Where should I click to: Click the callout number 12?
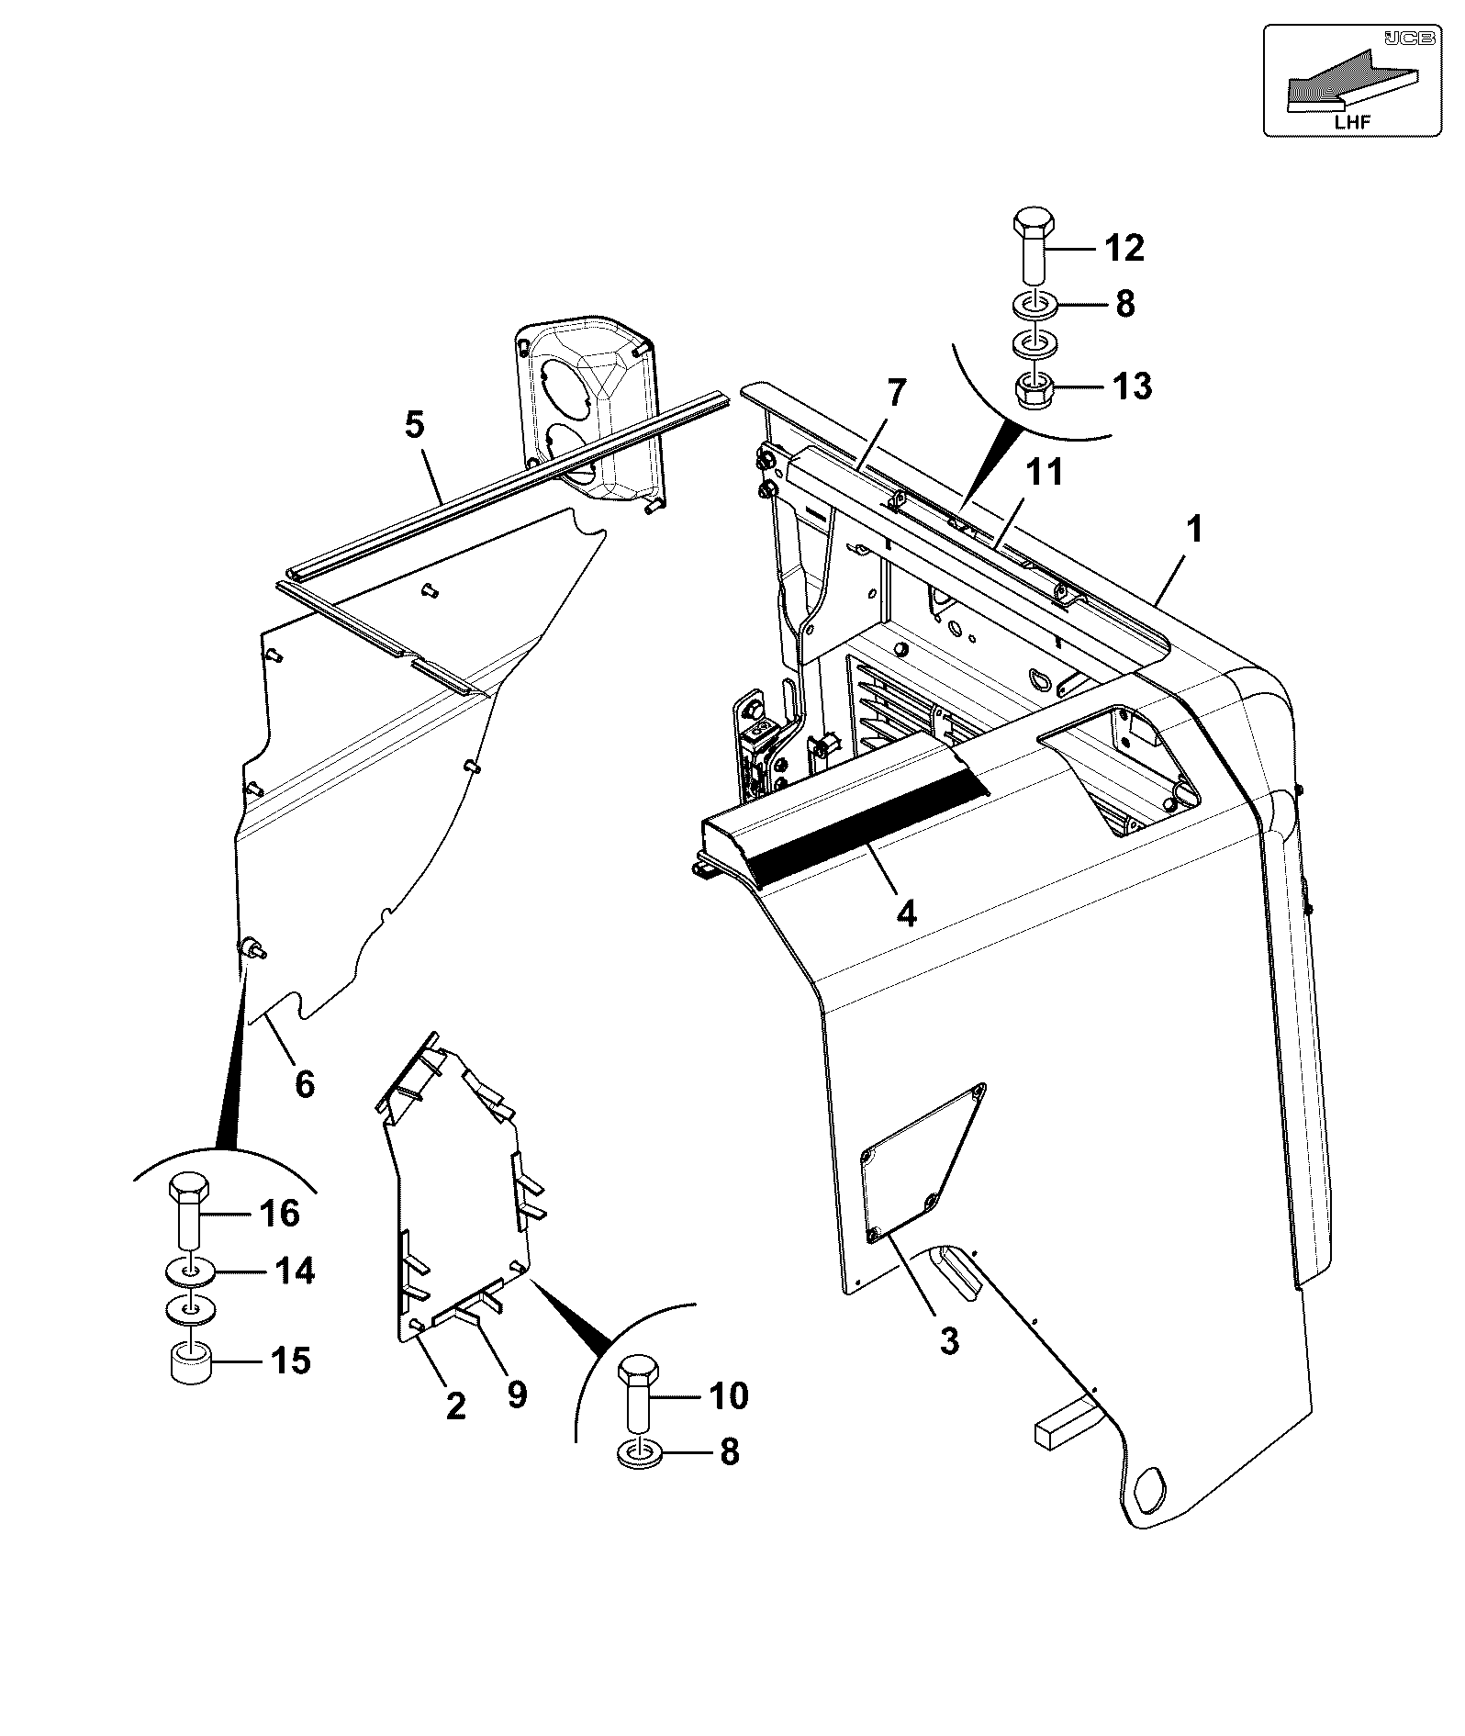click(1124, 248)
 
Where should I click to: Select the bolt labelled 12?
click(1034, 246)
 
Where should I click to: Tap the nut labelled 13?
click(1034, 392)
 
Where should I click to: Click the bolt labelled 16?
click(189, 1211)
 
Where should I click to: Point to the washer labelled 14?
click(190, 1272)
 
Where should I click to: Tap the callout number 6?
click(305, 1084)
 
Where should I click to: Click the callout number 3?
click(949, 1340)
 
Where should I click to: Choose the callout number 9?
click(517, 1395)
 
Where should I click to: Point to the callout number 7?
click(895, 393)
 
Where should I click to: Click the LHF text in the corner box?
click(1349, 120)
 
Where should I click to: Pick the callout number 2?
click(455, 1406)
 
